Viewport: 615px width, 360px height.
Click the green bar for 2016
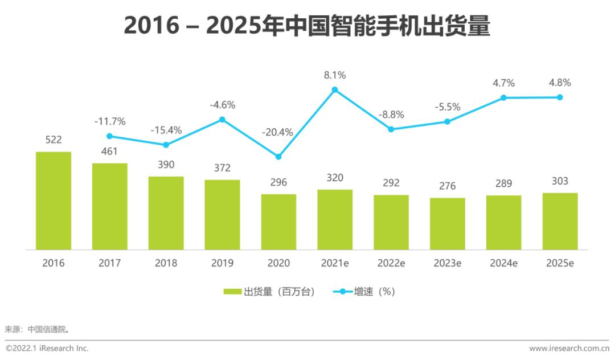coord(54,201)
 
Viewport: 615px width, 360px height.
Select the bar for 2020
coord(279,222)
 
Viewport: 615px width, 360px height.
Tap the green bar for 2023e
coord(448,223)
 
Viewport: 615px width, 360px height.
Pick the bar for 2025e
coord(560,221)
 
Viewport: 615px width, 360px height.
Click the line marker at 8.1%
coord(335,89)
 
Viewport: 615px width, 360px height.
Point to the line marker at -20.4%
coord(278,157)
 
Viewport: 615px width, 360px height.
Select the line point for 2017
coord(109,136)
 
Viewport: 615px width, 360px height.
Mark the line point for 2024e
coord(503,97)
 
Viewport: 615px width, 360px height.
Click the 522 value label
coord(53,140)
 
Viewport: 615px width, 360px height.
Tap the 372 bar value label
coord(222,168)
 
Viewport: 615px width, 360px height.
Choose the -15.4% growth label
coord(166,130)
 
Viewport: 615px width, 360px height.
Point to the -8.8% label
coord(391,114)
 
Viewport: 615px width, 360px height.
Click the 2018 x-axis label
coord(166,263)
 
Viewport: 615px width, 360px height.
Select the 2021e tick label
coord(335,263)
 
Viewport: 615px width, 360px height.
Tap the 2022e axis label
coord(391,263)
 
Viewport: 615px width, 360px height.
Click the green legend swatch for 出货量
coord(232,292)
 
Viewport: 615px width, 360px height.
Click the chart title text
coord(307,26)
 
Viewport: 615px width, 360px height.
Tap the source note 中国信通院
coord(48,329)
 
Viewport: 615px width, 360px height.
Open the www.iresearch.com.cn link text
coord(569,348)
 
